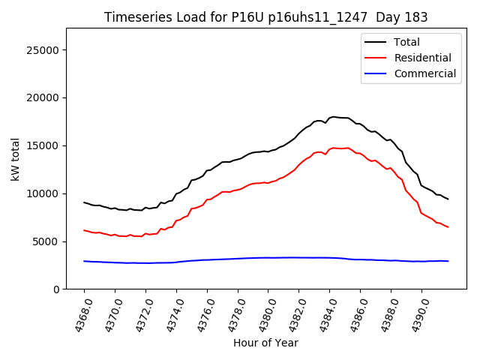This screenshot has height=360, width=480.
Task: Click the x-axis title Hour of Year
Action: (x=265, y=343)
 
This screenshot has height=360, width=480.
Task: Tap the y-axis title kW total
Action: (x=16, y=159)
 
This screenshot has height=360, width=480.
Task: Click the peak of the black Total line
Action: (x=333, y=117)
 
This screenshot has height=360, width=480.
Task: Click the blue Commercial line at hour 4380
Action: (x=268, y=258)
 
